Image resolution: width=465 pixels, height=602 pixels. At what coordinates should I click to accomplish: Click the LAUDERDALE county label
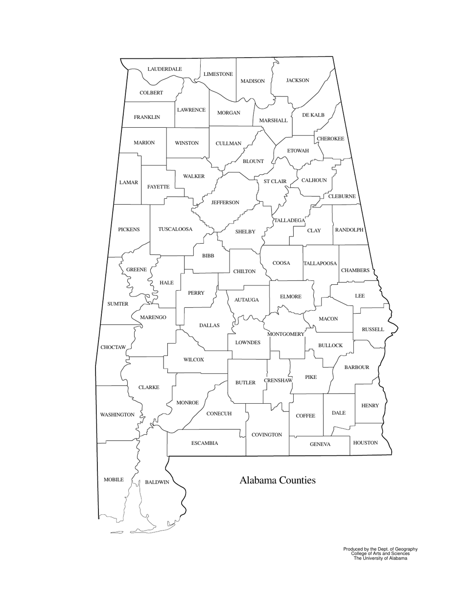pos(164,69)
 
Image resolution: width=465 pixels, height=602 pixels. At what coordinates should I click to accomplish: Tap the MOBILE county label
pos(114,480)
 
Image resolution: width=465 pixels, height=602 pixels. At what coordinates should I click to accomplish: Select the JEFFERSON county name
pos(225,202)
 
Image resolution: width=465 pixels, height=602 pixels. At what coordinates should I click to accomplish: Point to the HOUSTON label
pos(365,442)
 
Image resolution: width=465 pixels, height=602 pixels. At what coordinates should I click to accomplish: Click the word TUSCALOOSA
pos(175,229)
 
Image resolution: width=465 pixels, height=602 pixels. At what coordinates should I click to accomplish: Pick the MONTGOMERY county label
pos(285,334)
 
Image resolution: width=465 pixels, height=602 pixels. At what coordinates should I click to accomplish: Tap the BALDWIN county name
pos(157,482)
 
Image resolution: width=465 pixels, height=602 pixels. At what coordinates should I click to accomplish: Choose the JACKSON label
pos(298,80)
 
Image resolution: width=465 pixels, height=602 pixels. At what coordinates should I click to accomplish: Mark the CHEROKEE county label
pos(330,139)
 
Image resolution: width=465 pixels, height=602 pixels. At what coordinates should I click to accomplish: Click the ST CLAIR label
pos(275,181)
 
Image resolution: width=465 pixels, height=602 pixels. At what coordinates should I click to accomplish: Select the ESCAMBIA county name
pos(205,443)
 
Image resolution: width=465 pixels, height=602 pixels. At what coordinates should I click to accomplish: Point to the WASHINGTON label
pos(117,415)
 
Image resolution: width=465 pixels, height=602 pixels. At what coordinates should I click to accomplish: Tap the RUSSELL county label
pos(372,329)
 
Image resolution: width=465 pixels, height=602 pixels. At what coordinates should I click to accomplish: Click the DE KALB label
pos(313,115)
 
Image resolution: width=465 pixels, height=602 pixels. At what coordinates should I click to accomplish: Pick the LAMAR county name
pos(129,183)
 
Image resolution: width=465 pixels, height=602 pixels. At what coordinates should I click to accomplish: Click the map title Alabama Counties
pos(277,480)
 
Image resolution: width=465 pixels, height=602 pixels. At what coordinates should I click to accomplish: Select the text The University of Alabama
pos(380,558)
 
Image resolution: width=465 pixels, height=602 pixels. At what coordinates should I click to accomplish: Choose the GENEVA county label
pos(320,444)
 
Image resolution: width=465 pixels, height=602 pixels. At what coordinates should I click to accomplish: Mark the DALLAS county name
pos(209,325)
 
